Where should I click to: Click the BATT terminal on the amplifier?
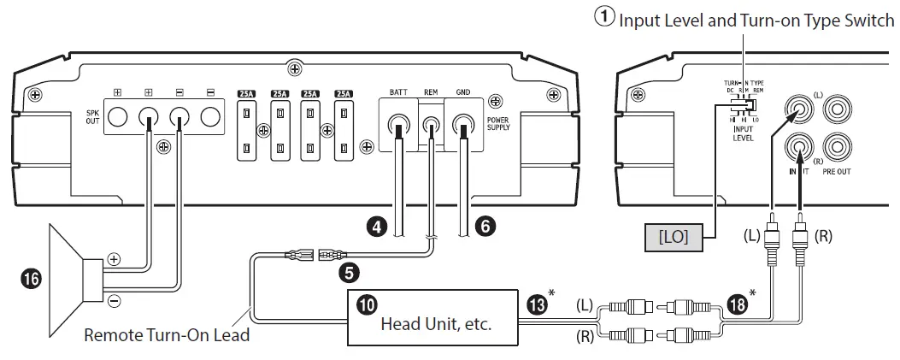click(x=398, y=127)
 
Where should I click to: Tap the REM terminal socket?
click(x=431, y=127)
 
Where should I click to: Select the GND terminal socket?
click(x=462, y=127)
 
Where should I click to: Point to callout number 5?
click(x=348, y=273)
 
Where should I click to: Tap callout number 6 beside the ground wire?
click(x=484, y=227)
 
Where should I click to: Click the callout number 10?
click(x=364, y=304)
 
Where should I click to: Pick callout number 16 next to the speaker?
click(x=31, y=279)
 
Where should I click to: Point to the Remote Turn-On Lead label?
click(x=167, y=334)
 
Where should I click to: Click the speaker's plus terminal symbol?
click(x=114, y=257)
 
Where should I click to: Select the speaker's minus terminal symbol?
click(x=114, y=299)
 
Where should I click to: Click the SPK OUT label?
click(x=92, y=116)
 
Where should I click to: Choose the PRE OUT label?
click(x=836, y=172)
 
